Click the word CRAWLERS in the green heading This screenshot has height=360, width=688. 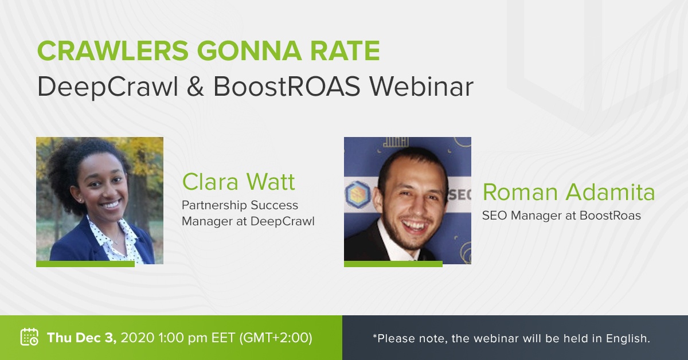113,50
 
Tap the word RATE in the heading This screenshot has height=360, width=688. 345,50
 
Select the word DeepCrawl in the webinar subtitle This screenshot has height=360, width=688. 108,87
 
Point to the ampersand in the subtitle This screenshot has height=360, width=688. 196,87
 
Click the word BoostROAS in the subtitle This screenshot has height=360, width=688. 287,87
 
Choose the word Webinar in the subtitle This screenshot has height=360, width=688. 421,87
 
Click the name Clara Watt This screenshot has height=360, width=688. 239,182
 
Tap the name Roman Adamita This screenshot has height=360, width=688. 569,192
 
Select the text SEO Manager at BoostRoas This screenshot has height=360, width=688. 561,216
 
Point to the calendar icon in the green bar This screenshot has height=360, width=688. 29,336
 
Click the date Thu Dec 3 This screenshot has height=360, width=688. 81,338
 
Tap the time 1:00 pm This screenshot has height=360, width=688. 183,338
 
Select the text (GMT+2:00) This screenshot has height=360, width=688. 276,338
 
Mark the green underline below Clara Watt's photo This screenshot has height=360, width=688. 85,264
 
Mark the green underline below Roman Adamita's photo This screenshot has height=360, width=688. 393,264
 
